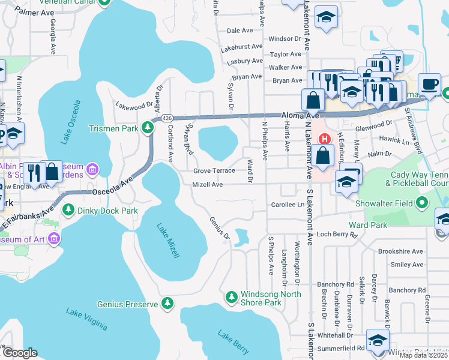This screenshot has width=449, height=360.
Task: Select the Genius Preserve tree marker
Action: coord(169,304)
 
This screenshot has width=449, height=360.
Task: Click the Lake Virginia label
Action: coord(87,319)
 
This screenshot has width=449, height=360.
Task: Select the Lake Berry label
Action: coord(233,342)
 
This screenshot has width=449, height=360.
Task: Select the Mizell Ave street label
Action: coord(207,185)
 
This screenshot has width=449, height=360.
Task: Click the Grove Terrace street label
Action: coord(214,170)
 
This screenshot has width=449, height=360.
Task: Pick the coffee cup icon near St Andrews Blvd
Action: coord(429,85)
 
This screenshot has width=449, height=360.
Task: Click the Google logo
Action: coord(19,353)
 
